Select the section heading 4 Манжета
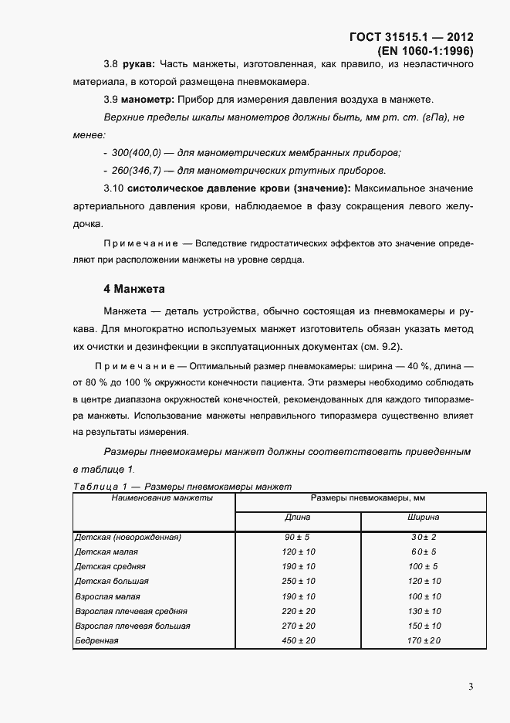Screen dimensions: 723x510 (135, 290)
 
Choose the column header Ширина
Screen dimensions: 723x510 (424, 518)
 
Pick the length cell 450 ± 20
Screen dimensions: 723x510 (298, 640)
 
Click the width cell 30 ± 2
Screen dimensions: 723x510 (424, 537)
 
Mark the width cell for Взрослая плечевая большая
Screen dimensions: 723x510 (424, 626)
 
